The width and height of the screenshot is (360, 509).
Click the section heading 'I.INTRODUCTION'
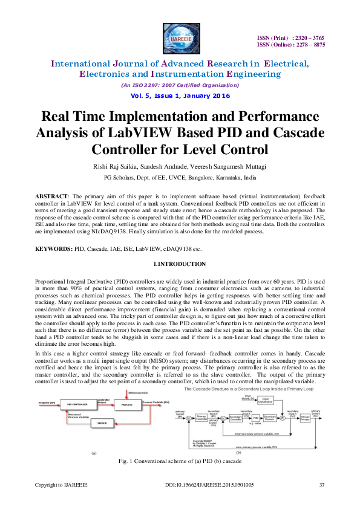pyautogui.click(x=180, y=264)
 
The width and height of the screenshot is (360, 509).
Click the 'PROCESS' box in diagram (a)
pyautogui.click(x=127, y=404)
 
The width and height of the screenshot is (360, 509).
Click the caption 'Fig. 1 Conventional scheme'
pyautogui.click(x=180, y=461)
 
